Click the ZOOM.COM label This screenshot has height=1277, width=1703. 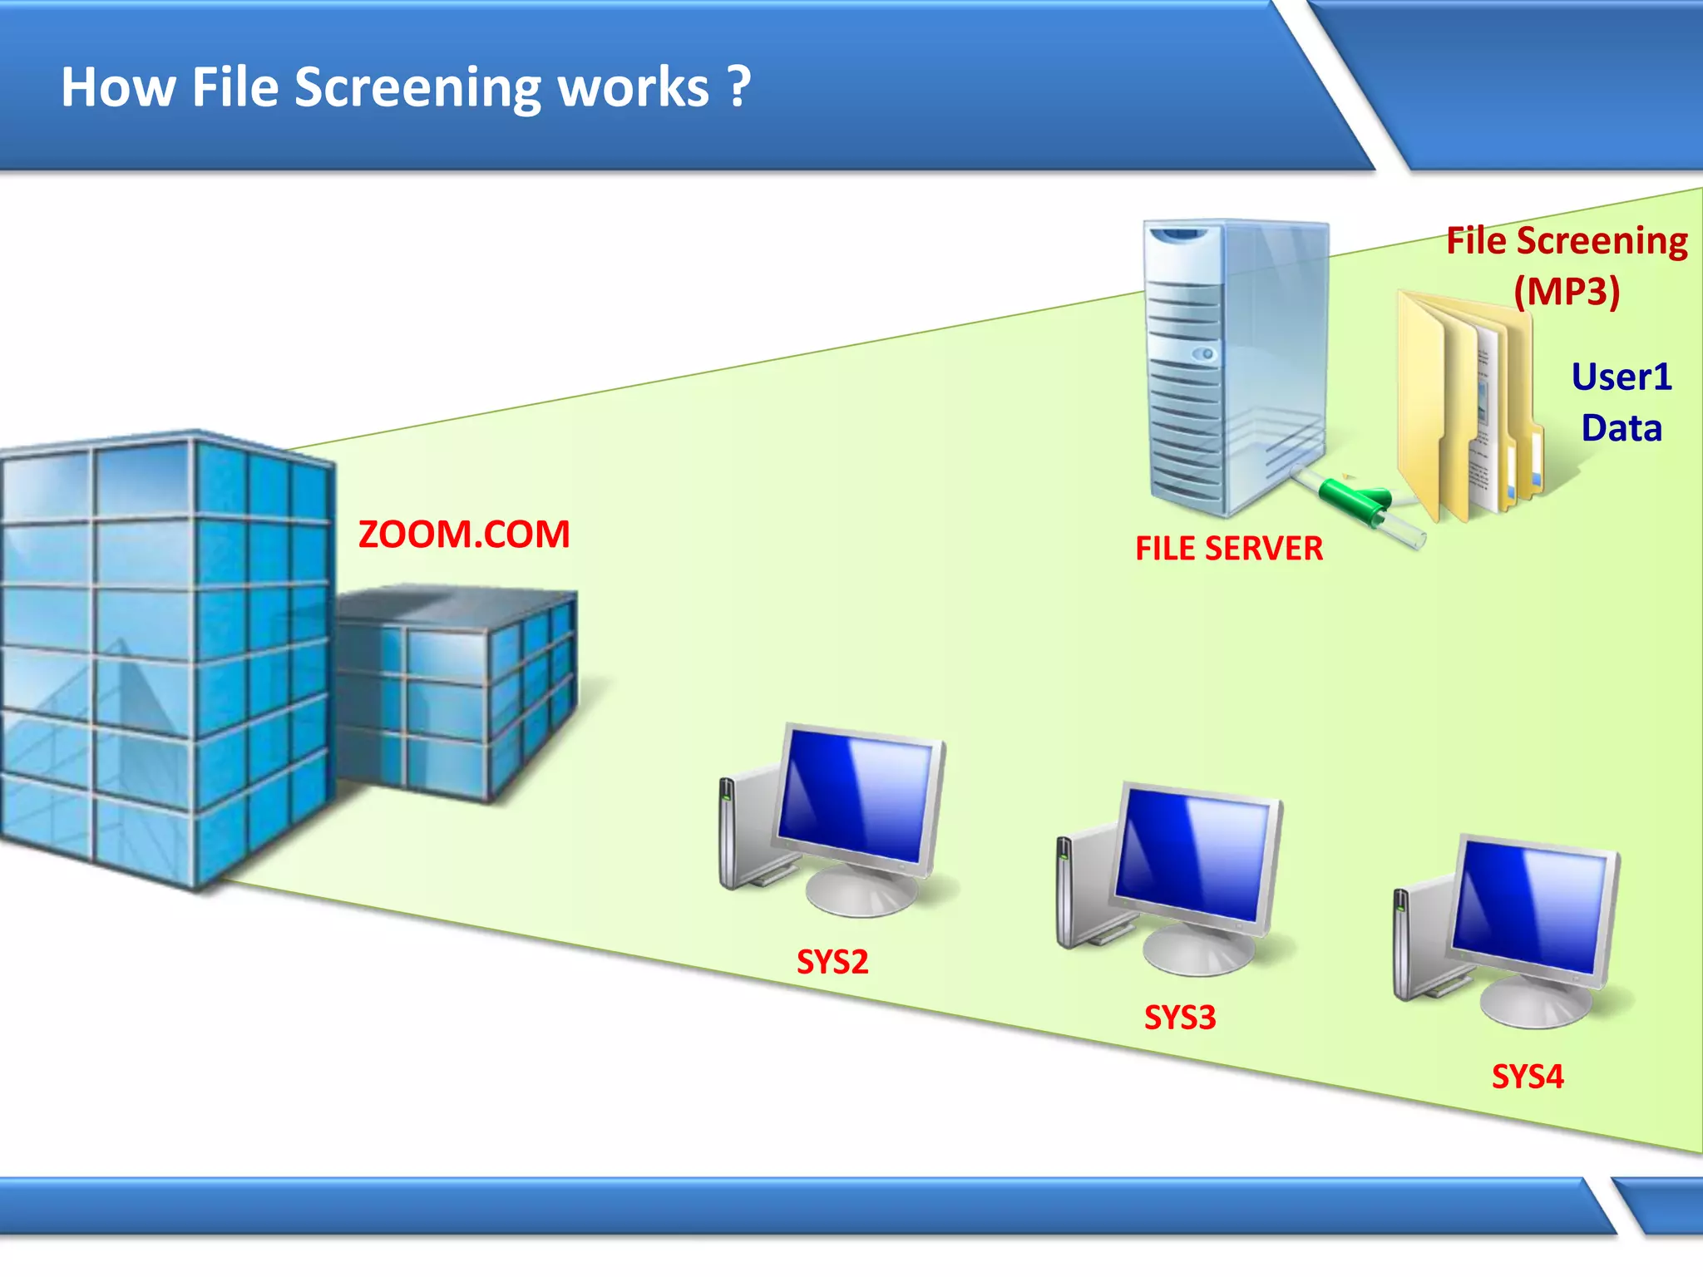(464, 535)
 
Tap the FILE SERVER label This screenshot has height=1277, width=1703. (1229, 549)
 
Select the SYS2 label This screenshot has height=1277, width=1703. (832, 962)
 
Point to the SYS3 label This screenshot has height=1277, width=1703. (1180, 1018)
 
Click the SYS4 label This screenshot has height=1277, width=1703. (1528, 1077)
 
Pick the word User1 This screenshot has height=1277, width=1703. (1622, 377)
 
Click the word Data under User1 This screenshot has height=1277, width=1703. (1622, 428)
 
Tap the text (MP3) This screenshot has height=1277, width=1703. (1567, 291)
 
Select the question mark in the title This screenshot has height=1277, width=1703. (738, 87)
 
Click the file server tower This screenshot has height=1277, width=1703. (1231, 366)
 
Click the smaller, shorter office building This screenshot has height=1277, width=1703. (457, 690)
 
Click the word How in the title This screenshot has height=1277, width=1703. (117, 87)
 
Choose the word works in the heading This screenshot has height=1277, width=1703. (633, 87)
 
